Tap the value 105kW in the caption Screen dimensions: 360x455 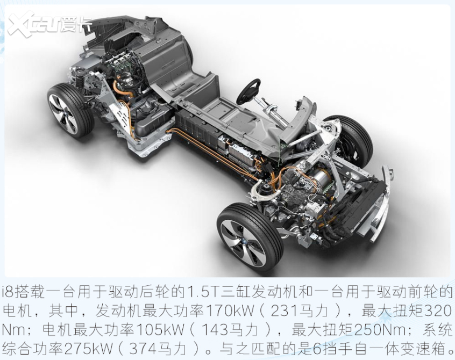click(152, 330)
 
